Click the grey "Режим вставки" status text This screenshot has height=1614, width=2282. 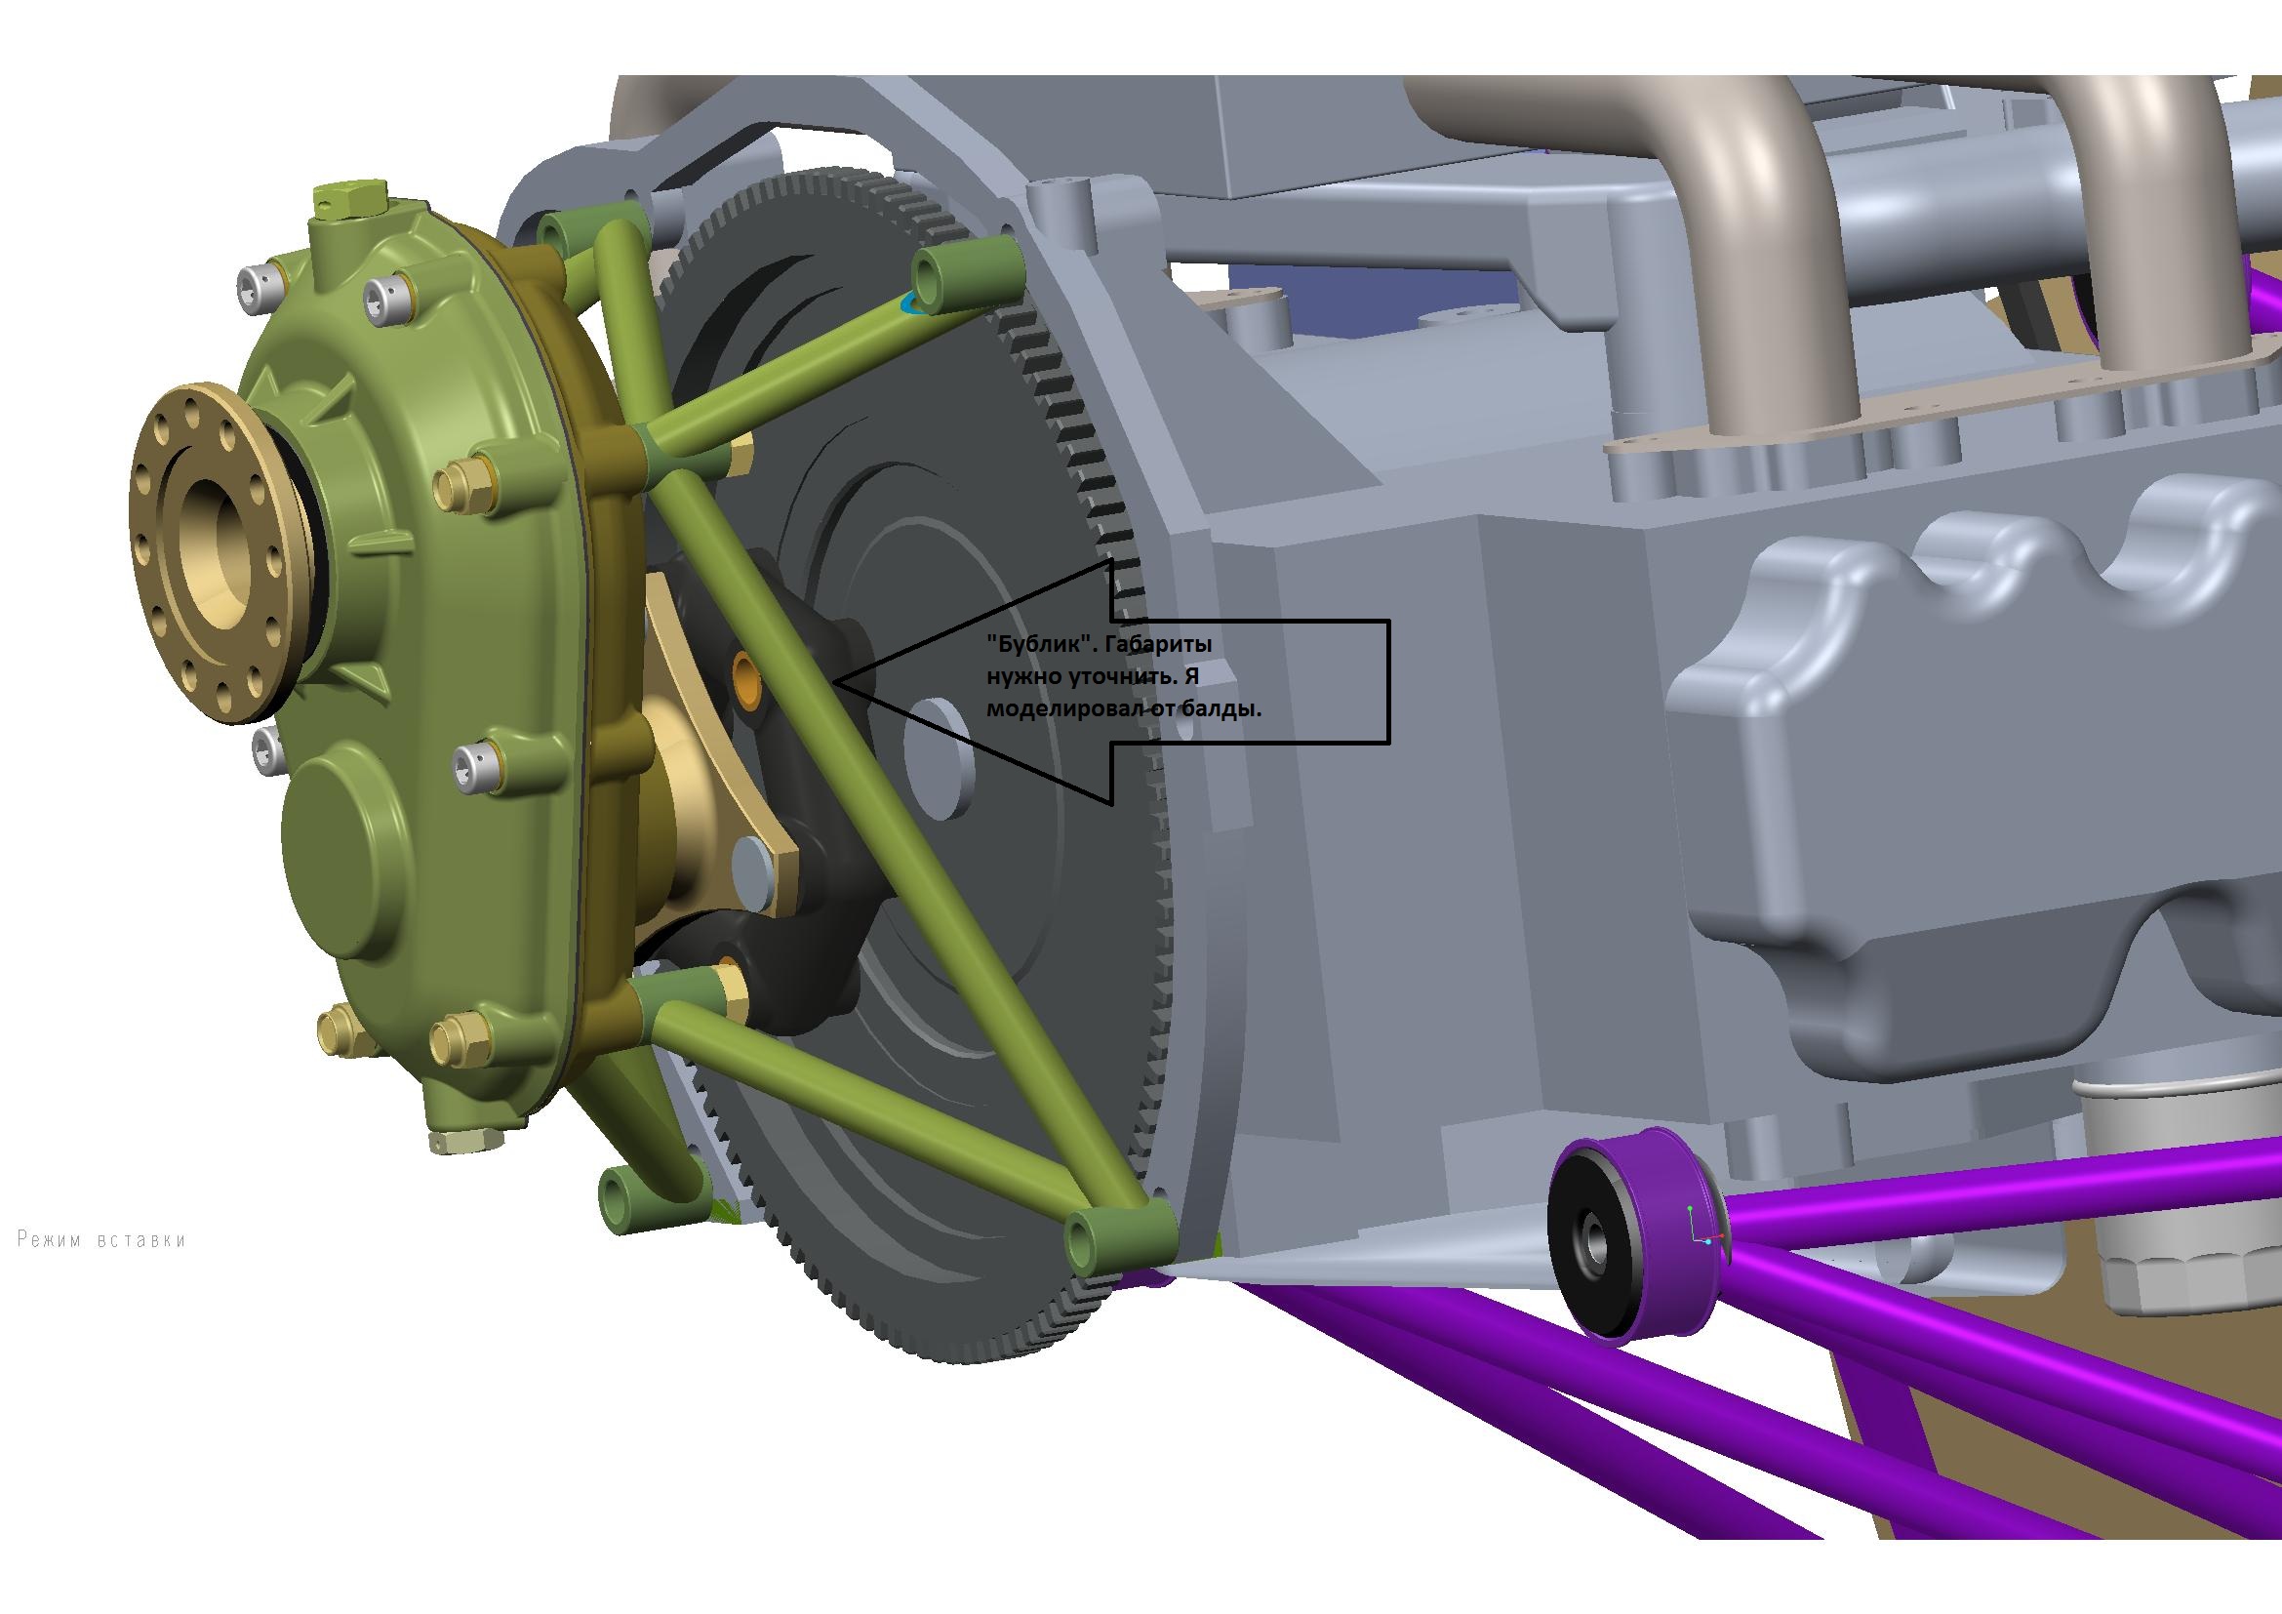click(102, 1239)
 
